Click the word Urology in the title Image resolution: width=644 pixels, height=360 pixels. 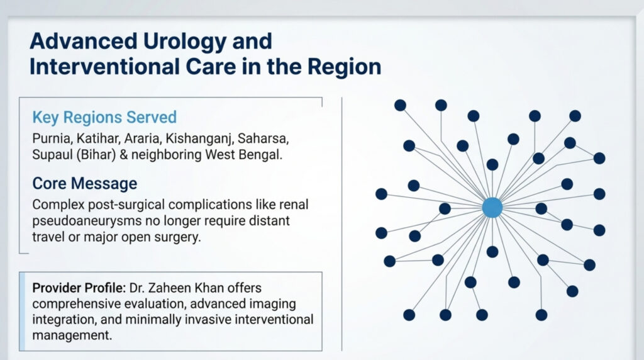pyautogui.click(x=185, y=42)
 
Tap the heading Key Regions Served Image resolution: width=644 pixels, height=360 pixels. pyautogui.click(x=104, y=118)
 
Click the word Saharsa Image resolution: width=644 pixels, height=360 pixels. pyautogui.click(x=264, y=138)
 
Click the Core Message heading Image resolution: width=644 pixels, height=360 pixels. pyautogui.click(x=85, y=183)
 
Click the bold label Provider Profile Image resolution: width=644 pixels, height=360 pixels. pyautogui.click(x=79, y=288)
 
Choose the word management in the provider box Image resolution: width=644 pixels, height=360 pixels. pyautogui.click(x=72, y=335)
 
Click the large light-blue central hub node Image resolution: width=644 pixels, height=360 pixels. pyautogui.click(x=492, y=208)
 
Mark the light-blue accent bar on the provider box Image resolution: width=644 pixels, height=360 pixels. pyautogui.click(x=22, y=311)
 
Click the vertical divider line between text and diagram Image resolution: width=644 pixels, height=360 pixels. pyautogui.click(x=341, y=224)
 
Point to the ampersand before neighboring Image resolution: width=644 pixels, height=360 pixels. pyautogui.click(x=123, y=155)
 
